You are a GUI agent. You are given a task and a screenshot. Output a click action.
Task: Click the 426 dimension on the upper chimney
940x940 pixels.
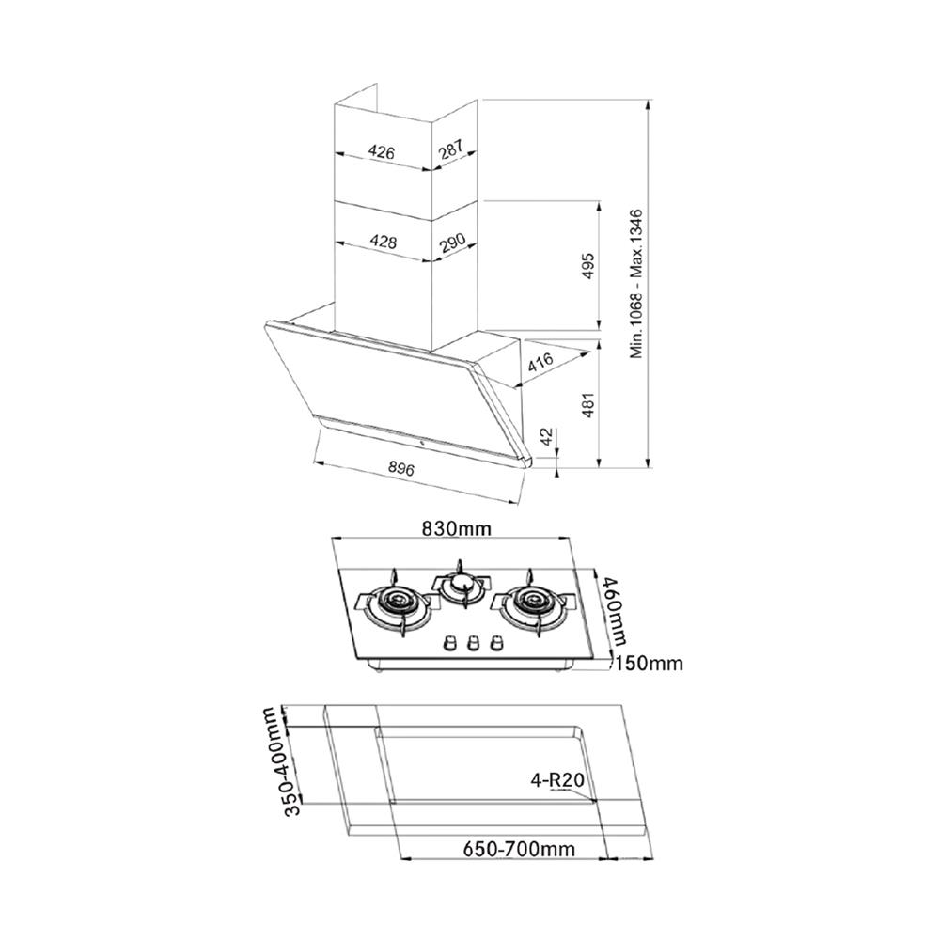click(381, 151)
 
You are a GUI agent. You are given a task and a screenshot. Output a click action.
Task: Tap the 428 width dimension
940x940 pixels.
click(381, 242)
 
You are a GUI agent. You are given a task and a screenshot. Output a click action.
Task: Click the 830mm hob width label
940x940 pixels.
click(456, 528)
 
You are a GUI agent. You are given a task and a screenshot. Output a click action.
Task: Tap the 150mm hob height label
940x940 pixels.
click(649, 664)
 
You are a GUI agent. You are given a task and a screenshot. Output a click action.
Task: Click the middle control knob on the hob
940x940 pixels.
click(472, 644)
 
